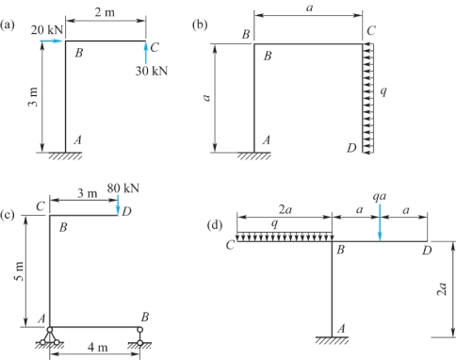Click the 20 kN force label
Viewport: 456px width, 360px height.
point(47,30)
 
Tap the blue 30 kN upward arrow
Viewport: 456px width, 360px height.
point(145,53)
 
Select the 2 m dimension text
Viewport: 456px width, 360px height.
point(105,12)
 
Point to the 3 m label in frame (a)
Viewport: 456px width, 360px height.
point(33,96)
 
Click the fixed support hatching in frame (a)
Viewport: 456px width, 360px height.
point(65,155)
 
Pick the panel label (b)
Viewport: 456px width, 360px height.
point(200,25)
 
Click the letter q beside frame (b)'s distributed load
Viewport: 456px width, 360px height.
point(383,91)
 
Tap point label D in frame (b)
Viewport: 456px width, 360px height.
point(351,147)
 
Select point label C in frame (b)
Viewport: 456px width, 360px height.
point(371,31)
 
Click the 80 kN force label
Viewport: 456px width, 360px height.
point(123,188)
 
